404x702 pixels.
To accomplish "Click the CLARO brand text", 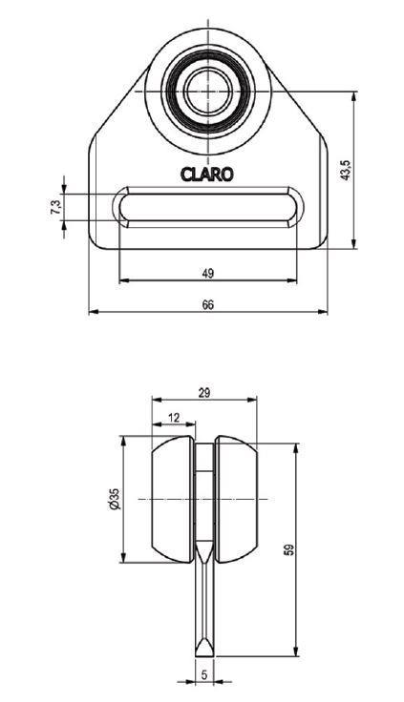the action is click(x=207, y=175).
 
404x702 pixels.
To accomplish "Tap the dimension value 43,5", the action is click(x=345, y=170).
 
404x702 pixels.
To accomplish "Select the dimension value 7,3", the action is click(x=56, y=207).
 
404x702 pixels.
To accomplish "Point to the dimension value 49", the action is click(x=207, y=273).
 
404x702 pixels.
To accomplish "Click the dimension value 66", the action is click(x=207, y=304).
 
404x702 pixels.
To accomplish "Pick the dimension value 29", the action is click(x=204, y=393).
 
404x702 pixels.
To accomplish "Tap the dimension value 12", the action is click(x=174, y=417).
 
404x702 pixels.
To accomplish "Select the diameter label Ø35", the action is click(x=115, y=499).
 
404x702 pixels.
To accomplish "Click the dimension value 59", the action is click(x=289, y=549).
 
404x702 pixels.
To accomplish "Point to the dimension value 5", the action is click(x=204, y=674).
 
